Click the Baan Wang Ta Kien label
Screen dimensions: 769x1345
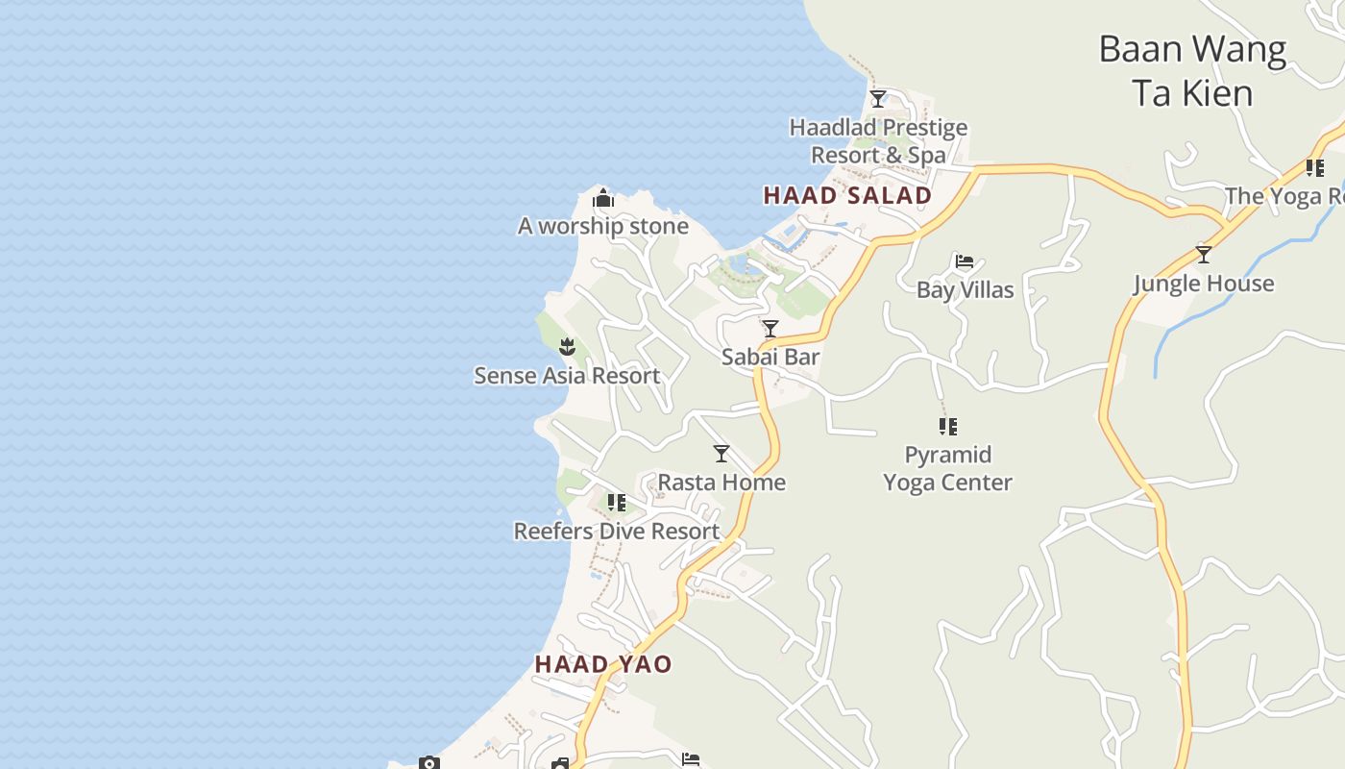[1192, 70]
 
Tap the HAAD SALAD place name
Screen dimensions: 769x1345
[847, 196]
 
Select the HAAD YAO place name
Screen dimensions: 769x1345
[603, 664]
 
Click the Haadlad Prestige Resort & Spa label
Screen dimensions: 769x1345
[878, 141]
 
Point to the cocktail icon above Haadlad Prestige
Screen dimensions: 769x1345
[878, 98]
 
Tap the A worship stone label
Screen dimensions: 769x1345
[603, 227]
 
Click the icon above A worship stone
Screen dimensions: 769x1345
[603, 199]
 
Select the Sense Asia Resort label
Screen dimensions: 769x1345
[567, 376]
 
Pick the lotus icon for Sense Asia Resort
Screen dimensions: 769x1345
[567, 346]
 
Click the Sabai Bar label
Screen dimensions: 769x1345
[770, 358]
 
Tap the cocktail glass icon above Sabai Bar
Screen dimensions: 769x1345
[770, 329]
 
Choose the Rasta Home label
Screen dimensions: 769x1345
[721, 483]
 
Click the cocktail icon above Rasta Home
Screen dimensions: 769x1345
[721, 454]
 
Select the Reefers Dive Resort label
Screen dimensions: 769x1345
[617, 532]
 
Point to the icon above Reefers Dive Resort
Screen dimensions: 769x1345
[617, 502]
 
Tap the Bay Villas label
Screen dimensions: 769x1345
[965, 290]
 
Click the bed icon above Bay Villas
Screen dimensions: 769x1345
[965, 261]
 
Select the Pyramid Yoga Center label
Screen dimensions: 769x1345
[948, 468]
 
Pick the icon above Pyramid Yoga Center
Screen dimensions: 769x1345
[948, 426]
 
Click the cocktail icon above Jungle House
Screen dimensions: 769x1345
[1204, 255]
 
